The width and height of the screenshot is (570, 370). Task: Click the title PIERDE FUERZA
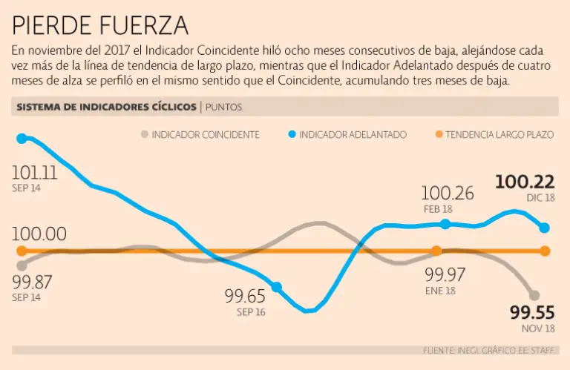[x=100, y=26]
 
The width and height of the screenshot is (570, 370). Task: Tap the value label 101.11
[x=34, y=173]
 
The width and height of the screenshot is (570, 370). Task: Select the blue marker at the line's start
[x=22, y=138]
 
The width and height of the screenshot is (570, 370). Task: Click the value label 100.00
[x=39, y=234]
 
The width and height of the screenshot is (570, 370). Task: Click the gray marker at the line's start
[x=22, y=265]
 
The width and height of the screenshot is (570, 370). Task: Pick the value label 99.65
[x=245, y=297]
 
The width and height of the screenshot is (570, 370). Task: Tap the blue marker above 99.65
[x=277, y=287]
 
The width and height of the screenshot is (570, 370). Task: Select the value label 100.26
[x=448, y=194]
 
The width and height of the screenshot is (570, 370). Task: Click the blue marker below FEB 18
[x=445, y=224]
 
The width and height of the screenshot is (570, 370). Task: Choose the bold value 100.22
[x=525, y=182]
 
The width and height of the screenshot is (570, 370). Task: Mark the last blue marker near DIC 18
[x=544, y=228]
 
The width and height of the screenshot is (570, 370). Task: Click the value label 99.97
[x=445, y=274]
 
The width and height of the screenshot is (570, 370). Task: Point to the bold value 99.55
[x=532, y=311]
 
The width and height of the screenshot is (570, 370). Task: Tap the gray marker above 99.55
[x=534, y=295]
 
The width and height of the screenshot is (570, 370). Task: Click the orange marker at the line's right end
[x=545, y=251]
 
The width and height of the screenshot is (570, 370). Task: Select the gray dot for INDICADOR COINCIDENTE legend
[x=143, y=135]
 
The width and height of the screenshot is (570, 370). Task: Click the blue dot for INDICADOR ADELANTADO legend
[x=292, y=135]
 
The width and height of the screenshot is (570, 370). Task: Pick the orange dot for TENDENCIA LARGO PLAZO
[x=439, y=135]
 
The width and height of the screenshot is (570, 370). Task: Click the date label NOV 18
[x=537, y=328]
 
